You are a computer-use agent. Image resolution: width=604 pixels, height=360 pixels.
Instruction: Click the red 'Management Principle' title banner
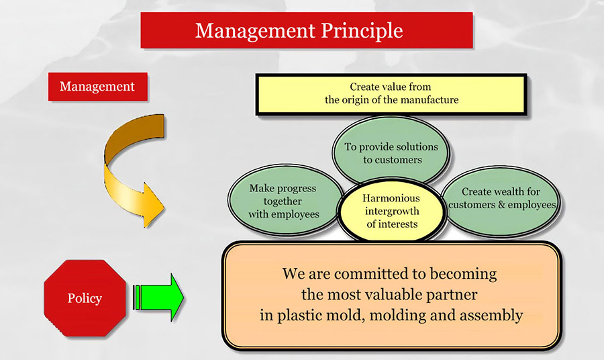coord(307,30)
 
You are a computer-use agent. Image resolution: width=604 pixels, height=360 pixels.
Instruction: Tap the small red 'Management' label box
coord(97,87)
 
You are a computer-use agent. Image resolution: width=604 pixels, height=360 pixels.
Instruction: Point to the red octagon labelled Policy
coord(85,298)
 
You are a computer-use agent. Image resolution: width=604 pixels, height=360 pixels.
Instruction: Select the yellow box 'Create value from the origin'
coord(391,94)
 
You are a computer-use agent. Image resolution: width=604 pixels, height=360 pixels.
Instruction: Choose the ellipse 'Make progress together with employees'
coord(283,201)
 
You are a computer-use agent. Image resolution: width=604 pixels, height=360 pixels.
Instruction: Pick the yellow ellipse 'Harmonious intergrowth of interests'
coord(391,211)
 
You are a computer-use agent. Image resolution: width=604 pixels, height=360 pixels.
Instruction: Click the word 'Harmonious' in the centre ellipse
coord(391,198)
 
